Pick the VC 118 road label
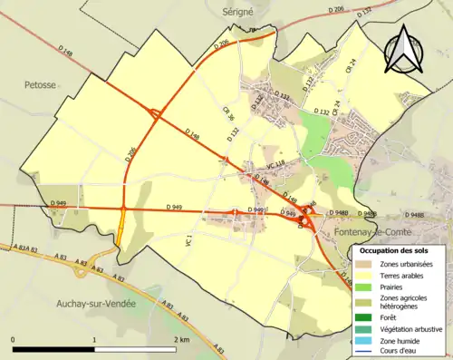point(275,163)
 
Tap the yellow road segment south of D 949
point(121,237)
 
